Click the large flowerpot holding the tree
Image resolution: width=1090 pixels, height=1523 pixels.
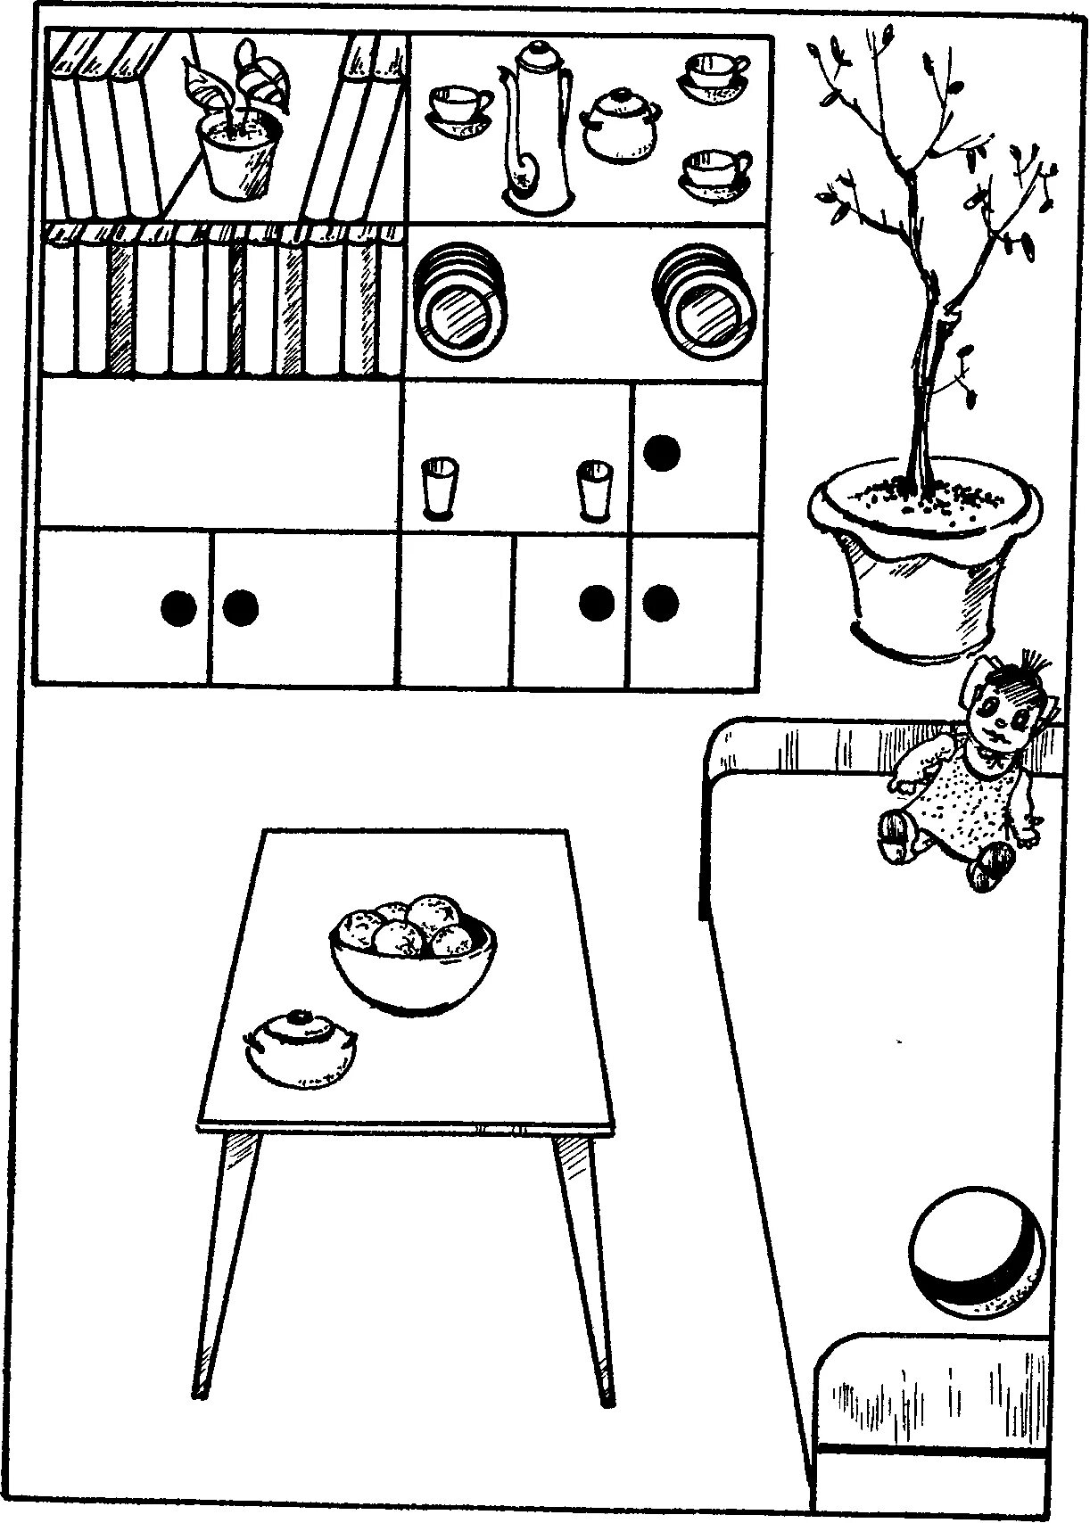click(x=922, y=562)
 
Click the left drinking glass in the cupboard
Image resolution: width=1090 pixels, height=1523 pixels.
click(x=438, y=486)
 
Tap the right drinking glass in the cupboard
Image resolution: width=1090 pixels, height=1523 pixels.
click(x=591, y=489)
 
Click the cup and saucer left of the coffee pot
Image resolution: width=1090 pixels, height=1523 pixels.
click(x=459, y=111)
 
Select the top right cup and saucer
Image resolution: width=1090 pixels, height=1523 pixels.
click(x=715, y=73)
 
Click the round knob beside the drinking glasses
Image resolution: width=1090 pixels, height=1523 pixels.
click(x=662, y=453)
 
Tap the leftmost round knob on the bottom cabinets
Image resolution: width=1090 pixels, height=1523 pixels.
click(x=178, y=608)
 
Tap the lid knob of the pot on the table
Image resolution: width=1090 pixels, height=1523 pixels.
click(x=300, y=1017)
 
